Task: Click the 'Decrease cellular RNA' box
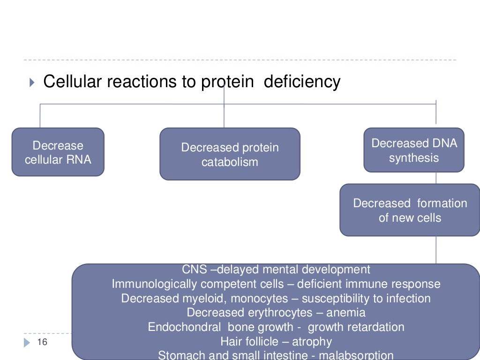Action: (58, 152)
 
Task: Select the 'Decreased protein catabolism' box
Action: (230, 154)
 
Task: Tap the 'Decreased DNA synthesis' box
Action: (414, 150)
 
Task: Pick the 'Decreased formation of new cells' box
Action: (410, 210)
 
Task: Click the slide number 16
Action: (42, 342)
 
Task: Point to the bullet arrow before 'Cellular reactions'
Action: (31, 83)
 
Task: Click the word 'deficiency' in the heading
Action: (302, 82)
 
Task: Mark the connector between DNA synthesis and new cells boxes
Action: (436, 178)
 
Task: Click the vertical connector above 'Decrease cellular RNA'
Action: (40, 116)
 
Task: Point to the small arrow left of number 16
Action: (27, 342)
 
